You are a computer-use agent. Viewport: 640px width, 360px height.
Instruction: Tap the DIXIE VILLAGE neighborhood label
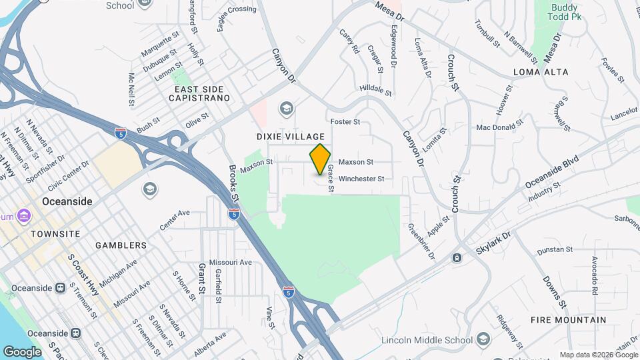tap(290, 136)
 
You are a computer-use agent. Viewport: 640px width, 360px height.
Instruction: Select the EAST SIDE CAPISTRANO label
tap(202, 93)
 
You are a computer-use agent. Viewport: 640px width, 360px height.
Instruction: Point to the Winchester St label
tap(361, 179)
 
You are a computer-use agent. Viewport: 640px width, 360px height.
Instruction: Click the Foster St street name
tap(345, 122)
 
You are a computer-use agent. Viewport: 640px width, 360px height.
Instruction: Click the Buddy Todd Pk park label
tap(567, 12)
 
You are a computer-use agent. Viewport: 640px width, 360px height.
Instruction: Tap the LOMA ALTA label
tap(541, 72)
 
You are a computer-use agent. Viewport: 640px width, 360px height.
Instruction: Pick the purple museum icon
tap(24, 216)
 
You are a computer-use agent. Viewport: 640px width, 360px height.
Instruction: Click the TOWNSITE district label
tap(55, 234)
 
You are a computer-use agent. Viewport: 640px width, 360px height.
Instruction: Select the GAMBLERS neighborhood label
tap(121, 245)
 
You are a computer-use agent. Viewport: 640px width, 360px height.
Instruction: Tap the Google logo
tap(22, 352)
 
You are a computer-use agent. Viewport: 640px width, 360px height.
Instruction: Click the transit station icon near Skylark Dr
tap(457, 257)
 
